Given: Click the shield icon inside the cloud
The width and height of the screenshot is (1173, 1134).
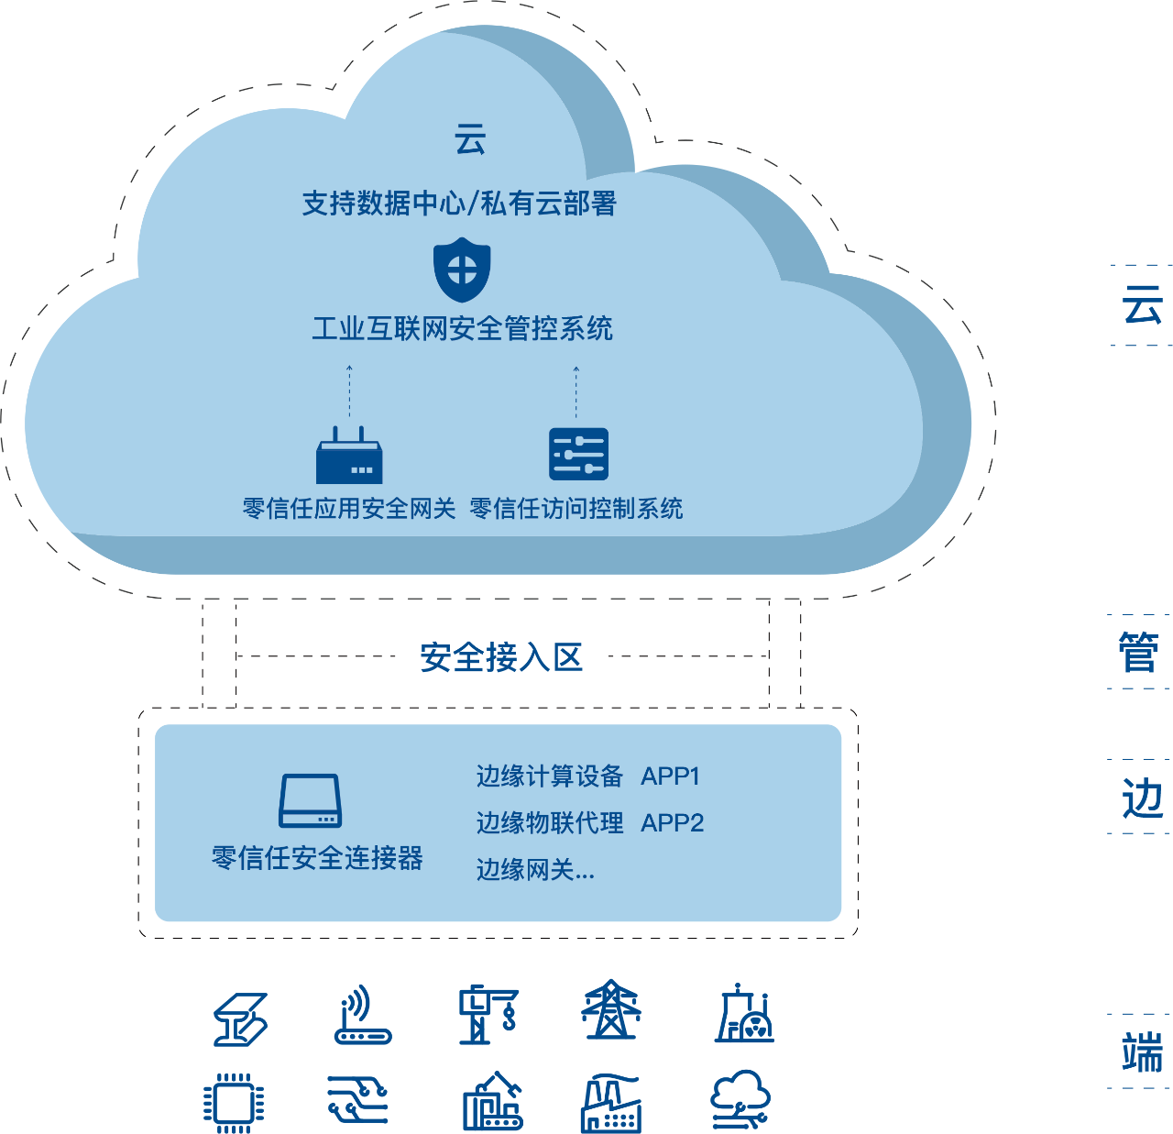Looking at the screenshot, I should [462, 270].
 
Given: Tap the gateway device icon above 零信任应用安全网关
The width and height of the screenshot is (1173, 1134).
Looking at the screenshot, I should [349, 456].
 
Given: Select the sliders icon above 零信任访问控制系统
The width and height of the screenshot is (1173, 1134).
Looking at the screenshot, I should [578, 454].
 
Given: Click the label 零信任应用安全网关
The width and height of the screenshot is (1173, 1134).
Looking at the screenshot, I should [349, 509].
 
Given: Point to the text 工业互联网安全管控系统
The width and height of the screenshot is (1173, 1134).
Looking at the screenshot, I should [462, 328].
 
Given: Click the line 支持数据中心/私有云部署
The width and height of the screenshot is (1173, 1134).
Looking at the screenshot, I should [459, 204].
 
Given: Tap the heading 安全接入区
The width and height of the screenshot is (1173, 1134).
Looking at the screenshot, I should [501, 657].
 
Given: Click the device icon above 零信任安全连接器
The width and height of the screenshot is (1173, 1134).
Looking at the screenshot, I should [311, 801].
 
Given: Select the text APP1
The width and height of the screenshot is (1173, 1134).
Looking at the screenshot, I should [670, 776].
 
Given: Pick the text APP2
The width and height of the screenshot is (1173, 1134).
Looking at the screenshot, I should [672, 823].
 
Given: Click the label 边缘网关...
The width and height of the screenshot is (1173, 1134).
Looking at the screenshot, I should [535, 870].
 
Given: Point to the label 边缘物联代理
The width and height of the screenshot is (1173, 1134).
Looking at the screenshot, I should [549, 823].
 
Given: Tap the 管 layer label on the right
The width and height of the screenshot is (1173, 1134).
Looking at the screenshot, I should [1139, 652].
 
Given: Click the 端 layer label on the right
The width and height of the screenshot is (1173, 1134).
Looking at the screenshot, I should [1141, 1051].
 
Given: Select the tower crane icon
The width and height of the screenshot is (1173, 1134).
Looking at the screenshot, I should [488, 1015].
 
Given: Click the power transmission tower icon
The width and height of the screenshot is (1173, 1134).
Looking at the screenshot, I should [611, 1010].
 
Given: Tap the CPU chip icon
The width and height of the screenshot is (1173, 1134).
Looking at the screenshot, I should [233, 1102].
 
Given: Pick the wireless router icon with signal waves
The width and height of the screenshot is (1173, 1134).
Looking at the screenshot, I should [362, 1015].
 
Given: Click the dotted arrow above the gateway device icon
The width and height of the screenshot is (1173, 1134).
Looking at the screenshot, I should [349, 392].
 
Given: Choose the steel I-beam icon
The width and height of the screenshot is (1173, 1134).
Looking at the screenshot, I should [240, 1019].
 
